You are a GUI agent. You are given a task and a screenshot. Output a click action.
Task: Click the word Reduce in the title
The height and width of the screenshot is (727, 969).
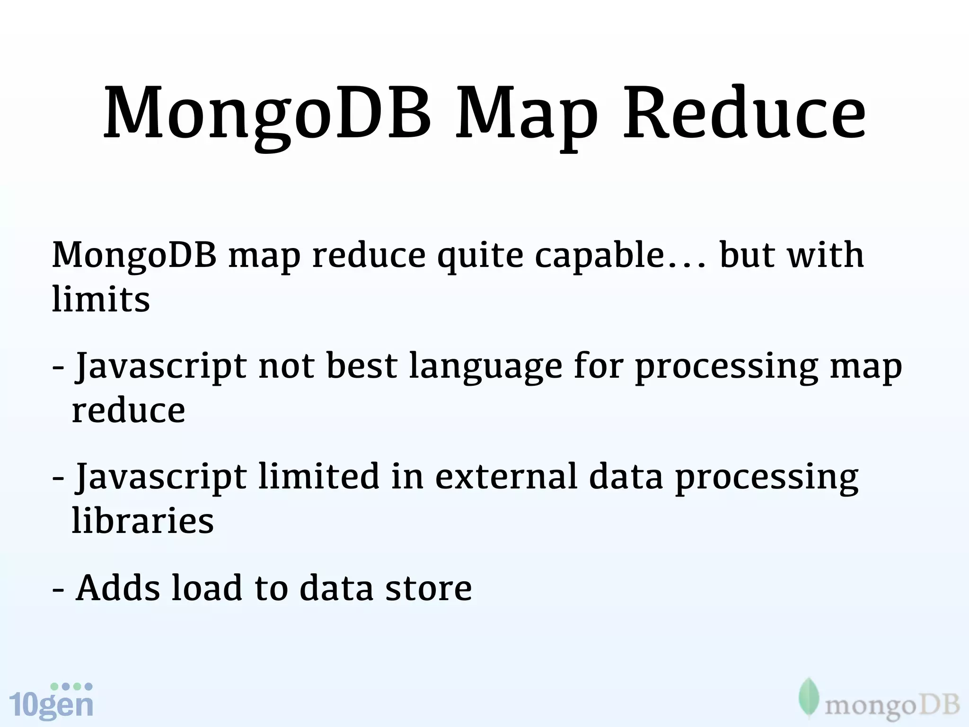tap(744, 114)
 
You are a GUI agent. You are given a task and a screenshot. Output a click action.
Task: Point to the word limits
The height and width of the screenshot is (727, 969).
tap(101, 299)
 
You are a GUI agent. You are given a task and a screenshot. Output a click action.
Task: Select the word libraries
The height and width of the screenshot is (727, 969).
tap(143, 520)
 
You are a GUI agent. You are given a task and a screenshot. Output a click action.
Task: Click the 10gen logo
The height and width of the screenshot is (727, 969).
tap(51, 704)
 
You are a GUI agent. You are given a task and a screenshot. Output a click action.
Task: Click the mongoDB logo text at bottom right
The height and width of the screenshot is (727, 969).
tap(892, 707)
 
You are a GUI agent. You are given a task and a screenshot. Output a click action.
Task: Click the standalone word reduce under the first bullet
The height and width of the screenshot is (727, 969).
tap(128, 410)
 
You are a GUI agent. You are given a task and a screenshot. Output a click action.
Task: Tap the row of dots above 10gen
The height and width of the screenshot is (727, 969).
tap(71, 686)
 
